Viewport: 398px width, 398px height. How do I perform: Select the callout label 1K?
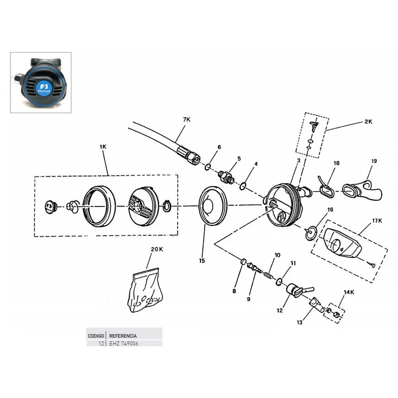tap(103, 146)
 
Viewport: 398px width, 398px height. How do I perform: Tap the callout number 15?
tap(202, 261)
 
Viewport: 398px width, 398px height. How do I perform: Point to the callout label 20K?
tap(157, 250)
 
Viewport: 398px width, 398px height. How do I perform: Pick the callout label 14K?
tap(349, 293)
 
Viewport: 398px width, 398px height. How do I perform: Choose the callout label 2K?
tap(369, 122)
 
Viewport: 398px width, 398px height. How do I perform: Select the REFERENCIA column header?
tap(123, 336)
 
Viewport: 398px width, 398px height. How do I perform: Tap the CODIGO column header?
tap(96, 336)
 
